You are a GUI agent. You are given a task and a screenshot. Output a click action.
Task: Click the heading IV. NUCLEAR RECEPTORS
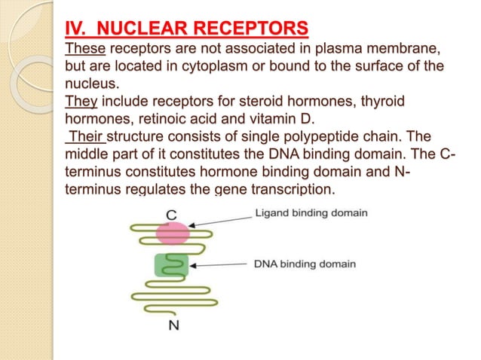pos(185,29)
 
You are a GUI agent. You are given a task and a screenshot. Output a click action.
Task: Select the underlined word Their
pos(87,136)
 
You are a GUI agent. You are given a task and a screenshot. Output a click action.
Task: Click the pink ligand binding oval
pos(173,233)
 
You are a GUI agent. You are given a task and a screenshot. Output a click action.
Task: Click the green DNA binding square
pos(171,265)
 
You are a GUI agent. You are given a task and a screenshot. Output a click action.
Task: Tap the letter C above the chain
pos(172,213)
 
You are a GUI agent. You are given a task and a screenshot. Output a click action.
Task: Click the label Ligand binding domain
pos(311,213)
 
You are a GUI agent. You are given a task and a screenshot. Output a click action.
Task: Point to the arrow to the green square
pos(219,265)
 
